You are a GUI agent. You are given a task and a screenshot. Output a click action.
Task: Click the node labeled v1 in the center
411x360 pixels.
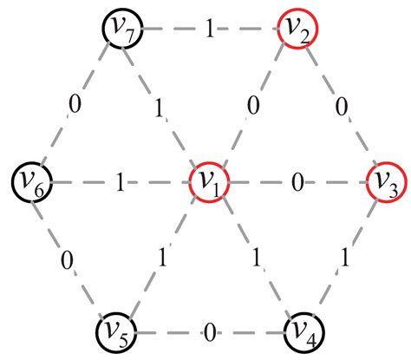pos(208,182)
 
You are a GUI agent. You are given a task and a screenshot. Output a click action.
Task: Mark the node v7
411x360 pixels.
pos(121,29)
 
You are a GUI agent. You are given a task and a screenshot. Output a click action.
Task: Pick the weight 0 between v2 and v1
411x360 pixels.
pos(252,107)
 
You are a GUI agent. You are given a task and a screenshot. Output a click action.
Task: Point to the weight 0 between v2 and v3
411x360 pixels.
pos(341,107)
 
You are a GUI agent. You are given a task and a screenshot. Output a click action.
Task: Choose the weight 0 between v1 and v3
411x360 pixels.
pos(297,182)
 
